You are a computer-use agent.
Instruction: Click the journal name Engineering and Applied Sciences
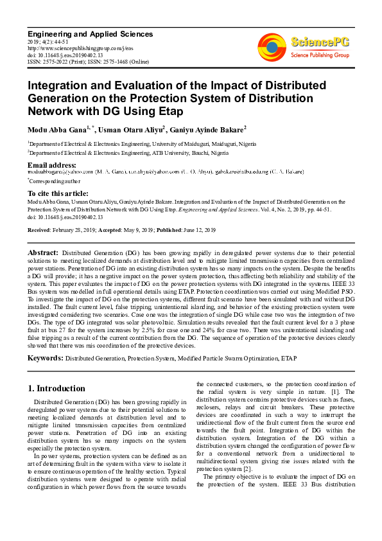click(90, 33)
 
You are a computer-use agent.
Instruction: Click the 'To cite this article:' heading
click(58, 193)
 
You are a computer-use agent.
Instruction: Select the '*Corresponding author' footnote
click(55, 182)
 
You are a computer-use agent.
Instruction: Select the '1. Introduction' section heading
click(56, 388)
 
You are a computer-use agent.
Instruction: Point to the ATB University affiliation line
click(128, 154)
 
